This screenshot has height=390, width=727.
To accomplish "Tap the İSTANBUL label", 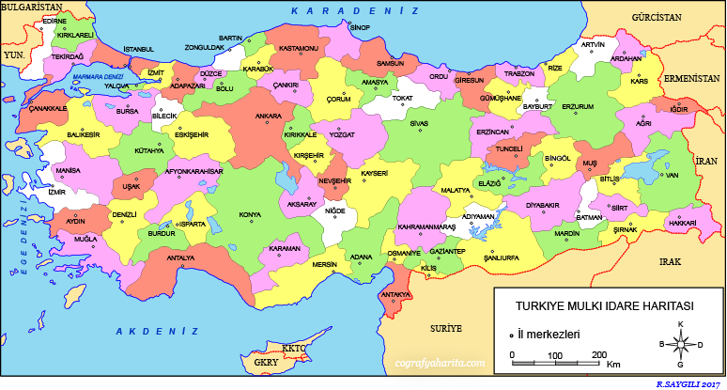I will [138, 49].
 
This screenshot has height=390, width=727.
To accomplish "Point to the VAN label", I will [672, 174].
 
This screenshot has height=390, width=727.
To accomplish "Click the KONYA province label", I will [250, 214].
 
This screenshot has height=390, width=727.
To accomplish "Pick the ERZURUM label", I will [578, 106].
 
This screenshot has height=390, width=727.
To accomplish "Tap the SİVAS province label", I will [419, 123].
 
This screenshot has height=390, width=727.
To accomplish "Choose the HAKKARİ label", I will [682, 223].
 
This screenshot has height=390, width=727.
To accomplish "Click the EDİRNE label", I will [55, 20].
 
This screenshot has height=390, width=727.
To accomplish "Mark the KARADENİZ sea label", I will [354, 10].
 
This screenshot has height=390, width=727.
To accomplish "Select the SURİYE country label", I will [447, 329].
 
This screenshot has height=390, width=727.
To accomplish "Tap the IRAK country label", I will [670, 261].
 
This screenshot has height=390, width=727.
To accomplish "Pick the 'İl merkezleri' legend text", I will [549, 334].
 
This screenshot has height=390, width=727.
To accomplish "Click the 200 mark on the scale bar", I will [597, 354].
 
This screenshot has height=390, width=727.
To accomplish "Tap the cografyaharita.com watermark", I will [441, 361].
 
